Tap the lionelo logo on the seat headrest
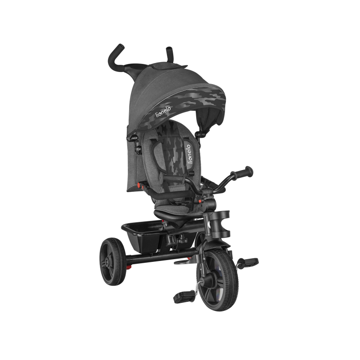[x=189, y=154]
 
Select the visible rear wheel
[x=113, y=261]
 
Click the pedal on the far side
[x=249, y=262]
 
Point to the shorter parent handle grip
[x=169, y=53]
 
